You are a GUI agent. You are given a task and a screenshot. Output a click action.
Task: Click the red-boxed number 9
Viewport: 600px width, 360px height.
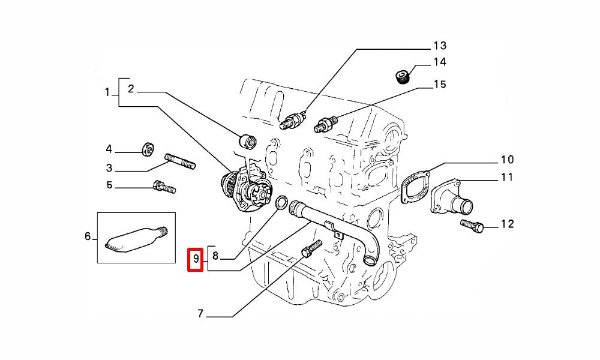pyautogui.click(x=196, y=259)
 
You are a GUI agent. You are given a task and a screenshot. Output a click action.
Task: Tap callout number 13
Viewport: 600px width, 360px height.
pyautogui.click(x=440, y=46)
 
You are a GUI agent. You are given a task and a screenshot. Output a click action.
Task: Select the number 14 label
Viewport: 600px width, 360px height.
pyautogui.click(x=440, y=62)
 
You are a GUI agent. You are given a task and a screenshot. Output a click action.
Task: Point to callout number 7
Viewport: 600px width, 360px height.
pyautogui.click(x=200, y=314)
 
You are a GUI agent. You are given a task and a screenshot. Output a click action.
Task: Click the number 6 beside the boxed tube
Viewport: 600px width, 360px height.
pyautogui.click(x=88, y=236)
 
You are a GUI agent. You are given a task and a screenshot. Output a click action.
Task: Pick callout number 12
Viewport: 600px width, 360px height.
pyautogui.click(x=508, y=224)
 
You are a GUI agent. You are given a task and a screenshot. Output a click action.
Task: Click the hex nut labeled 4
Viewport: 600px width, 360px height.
pyautogui.click(x=148, y=149)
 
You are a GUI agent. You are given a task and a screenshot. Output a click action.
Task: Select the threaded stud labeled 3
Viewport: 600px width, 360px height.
pyautogui.click(x=180, y=161)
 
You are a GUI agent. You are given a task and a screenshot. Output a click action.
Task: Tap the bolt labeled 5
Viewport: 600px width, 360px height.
pyautogui.click(x=164, y=187)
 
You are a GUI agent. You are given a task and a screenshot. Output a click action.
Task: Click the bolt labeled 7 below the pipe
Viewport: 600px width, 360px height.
pyautogui.click(x=312, y=248)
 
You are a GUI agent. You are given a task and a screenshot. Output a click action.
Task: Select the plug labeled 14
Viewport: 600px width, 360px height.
pyautogui.click(x=402, y=77)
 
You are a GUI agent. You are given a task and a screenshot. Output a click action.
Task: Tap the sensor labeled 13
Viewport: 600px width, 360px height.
pyautogui.click(x=293, y=120)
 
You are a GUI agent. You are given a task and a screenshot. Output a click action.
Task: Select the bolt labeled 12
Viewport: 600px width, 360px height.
pyautogui.click(x=472, y=226)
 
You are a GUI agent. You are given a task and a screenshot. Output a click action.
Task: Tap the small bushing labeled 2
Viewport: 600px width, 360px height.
pyautogui.click(x=248, y=141)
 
